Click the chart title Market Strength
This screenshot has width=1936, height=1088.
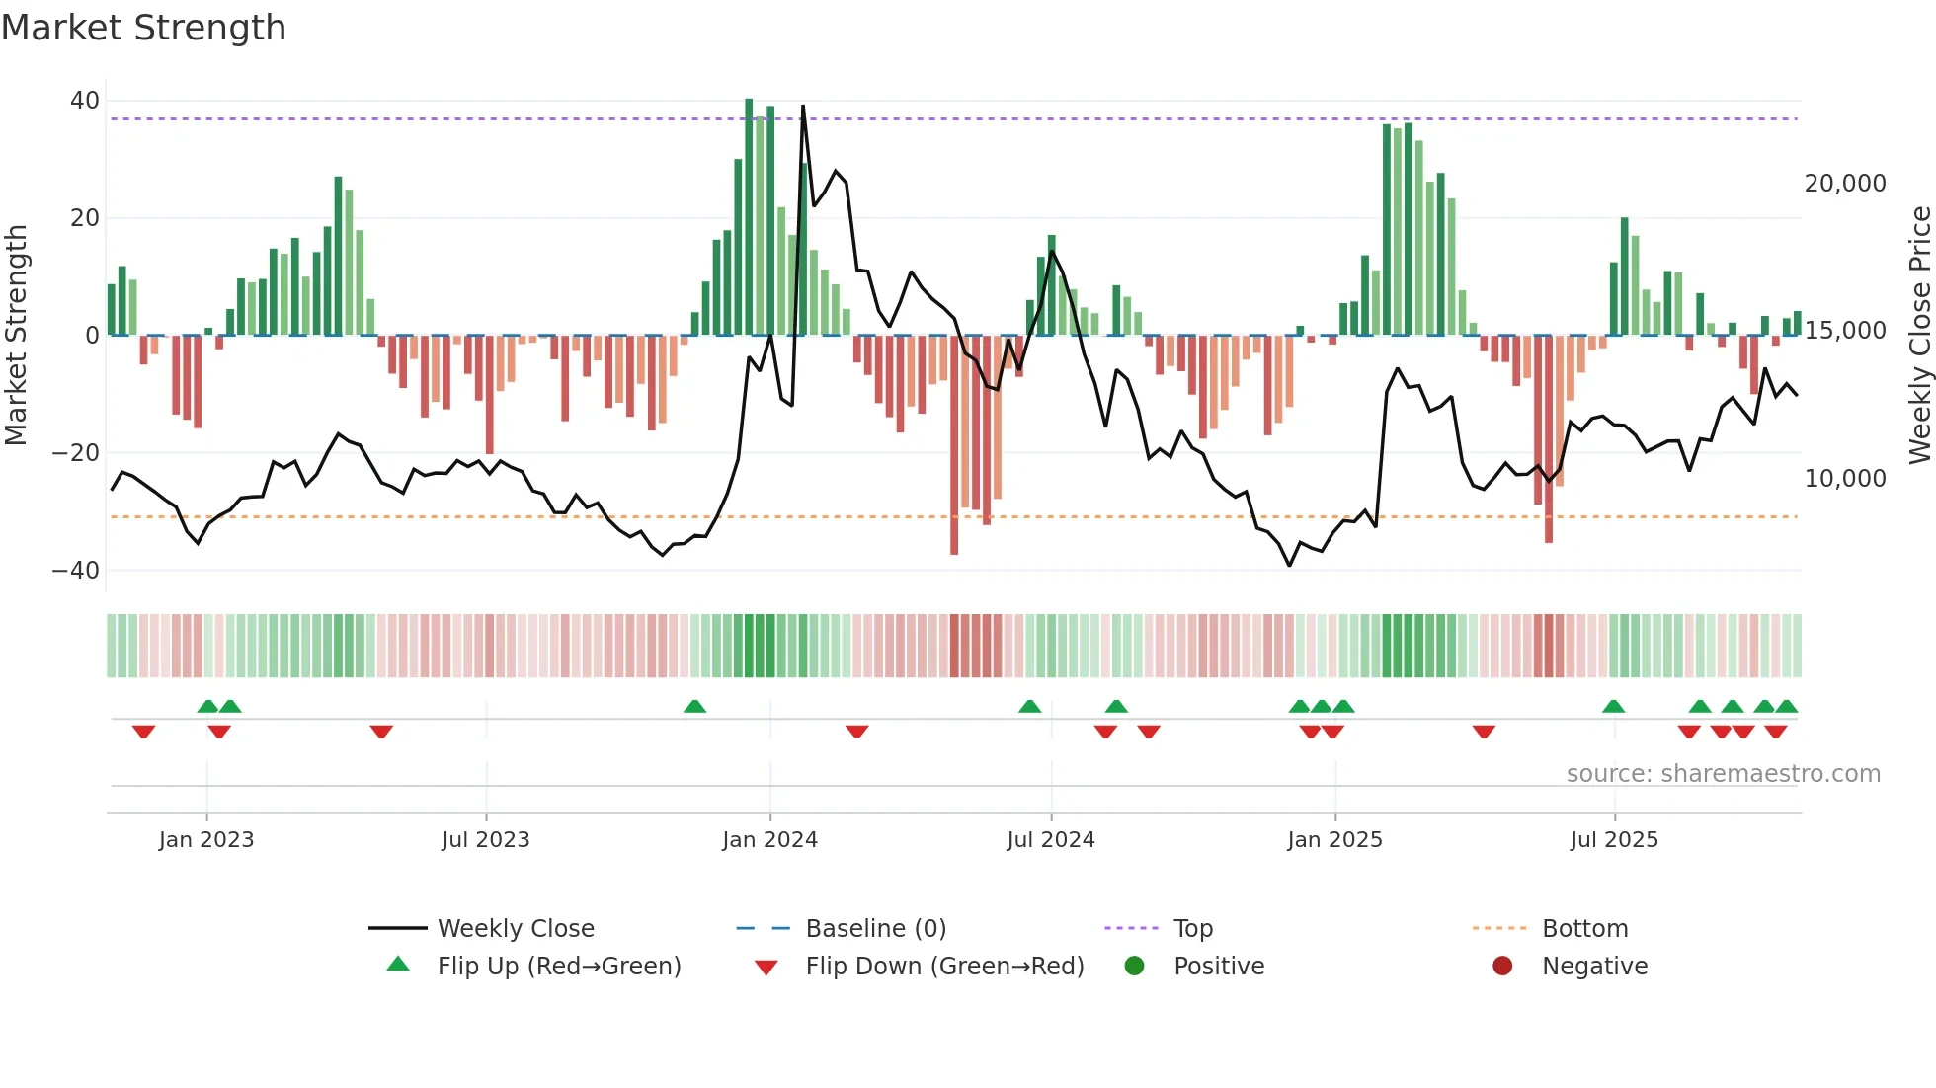[143, 28]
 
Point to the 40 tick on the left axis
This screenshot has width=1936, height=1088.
[84, 101]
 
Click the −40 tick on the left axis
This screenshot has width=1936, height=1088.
[75, 571]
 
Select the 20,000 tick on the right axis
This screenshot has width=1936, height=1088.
[1844, 184]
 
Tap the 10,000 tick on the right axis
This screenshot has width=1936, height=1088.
[1844, 479]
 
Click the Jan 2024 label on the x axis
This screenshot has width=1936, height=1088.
[769, 840]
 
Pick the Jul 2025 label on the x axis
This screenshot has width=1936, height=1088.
[1614, 840]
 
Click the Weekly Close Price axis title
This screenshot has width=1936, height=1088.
[1919, 336]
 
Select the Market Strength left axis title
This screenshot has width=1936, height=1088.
[16, 336]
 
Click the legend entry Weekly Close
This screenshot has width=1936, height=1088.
[516, 929]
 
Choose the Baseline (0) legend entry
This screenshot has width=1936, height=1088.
[875, 929]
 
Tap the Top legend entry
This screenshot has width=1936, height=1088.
[1192, 929]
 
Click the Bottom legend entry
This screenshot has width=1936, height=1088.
[1584, 929]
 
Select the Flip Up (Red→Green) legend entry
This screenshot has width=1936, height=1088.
[558, 967]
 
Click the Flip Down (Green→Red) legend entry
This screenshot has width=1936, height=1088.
[944, 967]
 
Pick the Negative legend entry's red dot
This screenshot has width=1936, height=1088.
[1502, 967]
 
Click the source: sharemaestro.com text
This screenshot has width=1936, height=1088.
[1723, 774]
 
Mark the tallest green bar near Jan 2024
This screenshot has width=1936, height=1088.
[749, 217]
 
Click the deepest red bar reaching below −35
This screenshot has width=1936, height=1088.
[954, 444]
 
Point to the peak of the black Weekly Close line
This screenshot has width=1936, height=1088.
[803, 107]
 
